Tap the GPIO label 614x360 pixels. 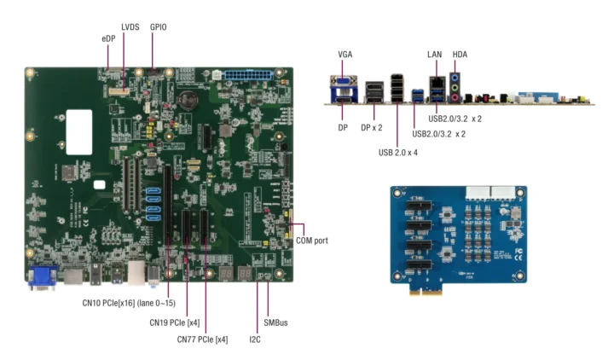(x=159, y=27)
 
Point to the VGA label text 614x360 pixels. (x=345, y=55)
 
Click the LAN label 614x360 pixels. (x=435, y=55)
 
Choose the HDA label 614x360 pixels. (x=460, y=55)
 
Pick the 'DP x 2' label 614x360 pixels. (x=372, y=126)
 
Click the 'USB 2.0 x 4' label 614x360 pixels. (x=397, y=152)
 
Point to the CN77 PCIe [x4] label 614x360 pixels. (x=202, y=340)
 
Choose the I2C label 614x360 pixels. (x=255, y=340)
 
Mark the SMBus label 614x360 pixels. (x=276, y=323)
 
